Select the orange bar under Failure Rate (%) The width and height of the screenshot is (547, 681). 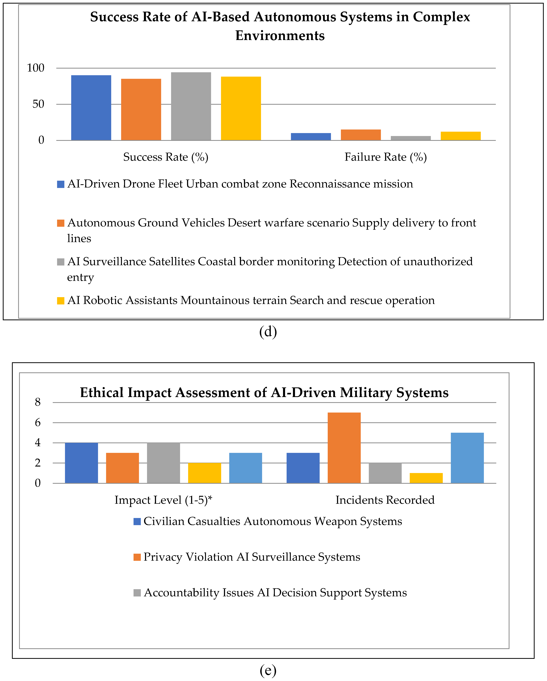(x=361, y=135)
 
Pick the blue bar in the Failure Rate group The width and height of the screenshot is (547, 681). (x=311, y=137)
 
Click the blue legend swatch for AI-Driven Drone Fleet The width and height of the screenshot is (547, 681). (x=61, y=184)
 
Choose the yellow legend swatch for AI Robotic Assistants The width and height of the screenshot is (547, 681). (x=61, y=301)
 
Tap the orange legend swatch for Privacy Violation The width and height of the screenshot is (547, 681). (x=137, y=557)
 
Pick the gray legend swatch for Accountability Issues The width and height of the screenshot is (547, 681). (x=137, y=593)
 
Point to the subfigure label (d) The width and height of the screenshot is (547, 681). (x=268, y=332)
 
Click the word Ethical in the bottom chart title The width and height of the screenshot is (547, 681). (x=102, y=393)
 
